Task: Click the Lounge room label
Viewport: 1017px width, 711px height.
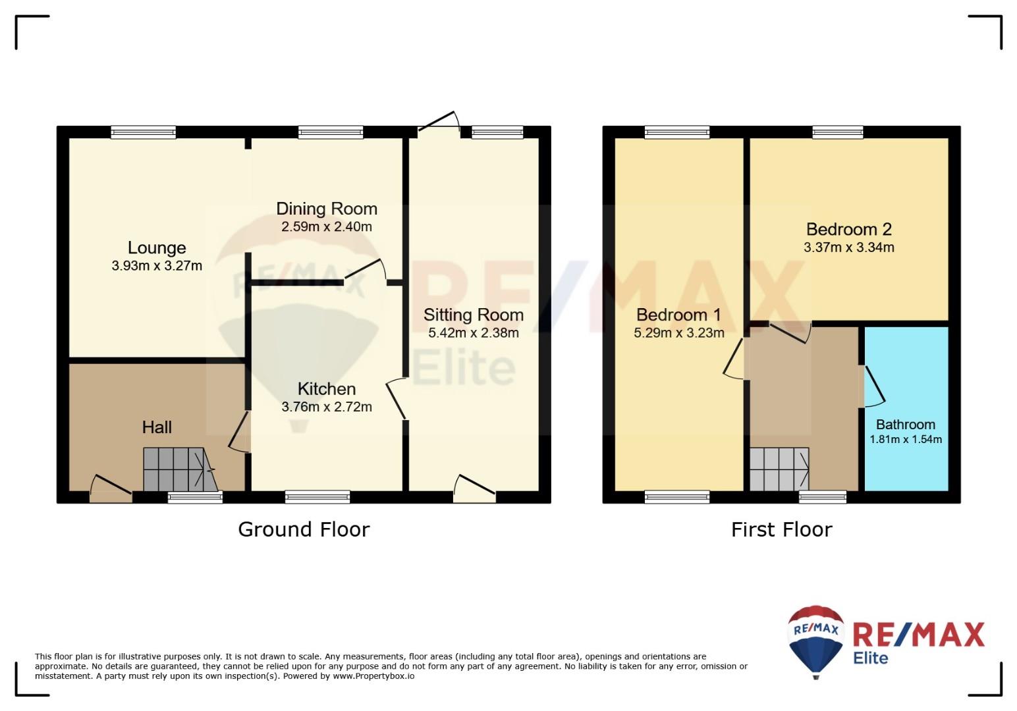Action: tap(157, 248)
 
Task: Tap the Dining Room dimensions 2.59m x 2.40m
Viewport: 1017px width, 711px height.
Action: tap(327, 226)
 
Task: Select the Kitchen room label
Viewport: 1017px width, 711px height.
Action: tap(327, 389)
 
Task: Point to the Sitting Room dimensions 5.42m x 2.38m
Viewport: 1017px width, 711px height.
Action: tap(474, 332)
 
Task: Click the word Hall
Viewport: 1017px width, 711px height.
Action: tap(157, 427)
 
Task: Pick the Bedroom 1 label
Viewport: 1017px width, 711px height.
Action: tap(678, 315)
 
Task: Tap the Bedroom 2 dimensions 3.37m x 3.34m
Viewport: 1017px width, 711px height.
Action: tap(849, 248)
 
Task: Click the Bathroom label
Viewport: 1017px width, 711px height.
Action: tap(905, 425)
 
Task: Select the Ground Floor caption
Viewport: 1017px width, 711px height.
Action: tap(304, 529)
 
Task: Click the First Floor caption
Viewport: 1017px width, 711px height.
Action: tap(781, 529)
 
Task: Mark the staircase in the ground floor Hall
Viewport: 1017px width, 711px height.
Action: tap(180, 469)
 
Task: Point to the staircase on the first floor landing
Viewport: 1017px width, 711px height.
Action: tap(779, 469)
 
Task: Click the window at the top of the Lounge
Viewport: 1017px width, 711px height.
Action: tap(144, 132)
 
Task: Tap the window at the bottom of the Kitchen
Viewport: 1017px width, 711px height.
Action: tap(317, 497)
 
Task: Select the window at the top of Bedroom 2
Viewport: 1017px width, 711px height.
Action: tap(838, 132)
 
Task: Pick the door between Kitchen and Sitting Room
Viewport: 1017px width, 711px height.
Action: tap(395, 398)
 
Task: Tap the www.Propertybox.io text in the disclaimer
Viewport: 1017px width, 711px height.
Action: tap(373, 676)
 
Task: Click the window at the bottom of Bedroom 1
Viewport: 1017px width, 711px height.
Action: tap(677, 497)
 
